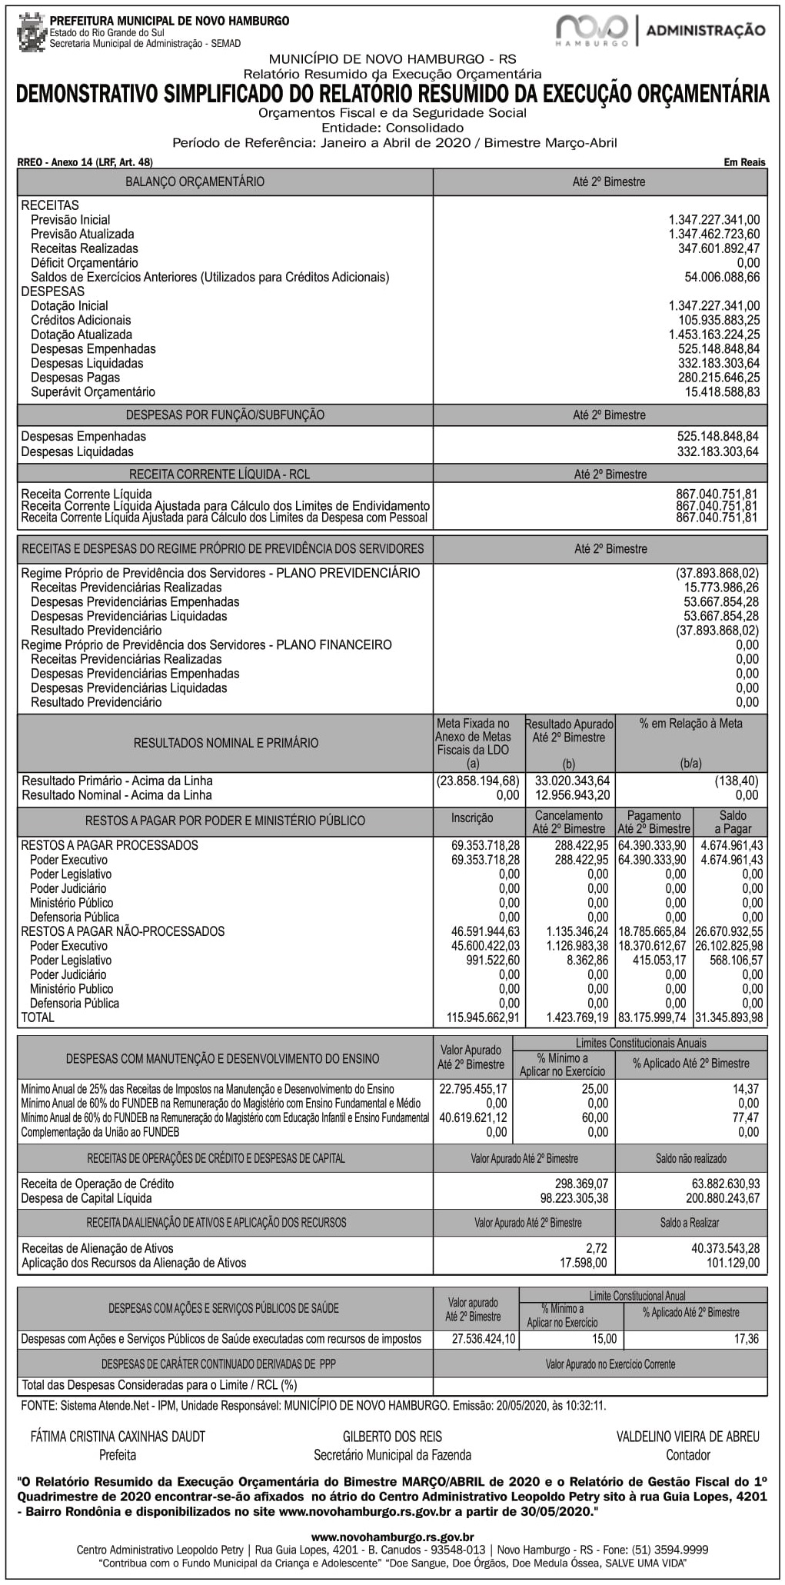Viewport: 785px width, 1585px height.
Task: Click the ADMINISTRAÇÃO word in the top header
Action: (x=705, y=31)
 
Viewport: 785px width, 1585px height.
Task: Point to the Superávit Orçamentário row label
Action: (x=92, y=392)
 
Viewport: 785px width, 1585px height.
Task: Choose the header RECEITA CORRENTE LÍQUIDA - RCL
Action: (x=219, y=475)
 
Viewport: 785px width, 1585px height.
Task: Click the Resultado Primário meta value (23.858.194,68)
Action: (x=477, y=781)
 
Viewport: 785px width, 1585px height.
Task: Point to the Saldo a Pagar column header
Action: (x=732, y=821)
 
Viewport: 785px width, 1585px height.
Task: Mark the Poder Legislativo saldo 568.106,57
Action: (x=736, y=961)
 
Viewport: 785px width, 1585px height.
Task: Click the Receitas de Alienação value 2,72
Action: (x=596, y=1248)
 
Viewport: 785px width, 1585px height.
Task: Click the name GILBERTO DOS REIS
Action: (x=392, y=1437)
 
